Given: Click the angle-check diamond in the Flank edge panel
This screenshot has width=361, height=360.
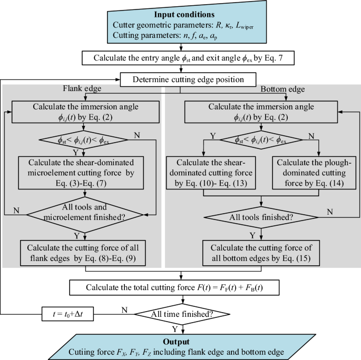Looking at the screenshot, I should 80,139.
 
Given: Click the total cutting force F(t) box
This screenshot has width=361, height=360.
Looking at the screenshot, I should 180,287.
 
